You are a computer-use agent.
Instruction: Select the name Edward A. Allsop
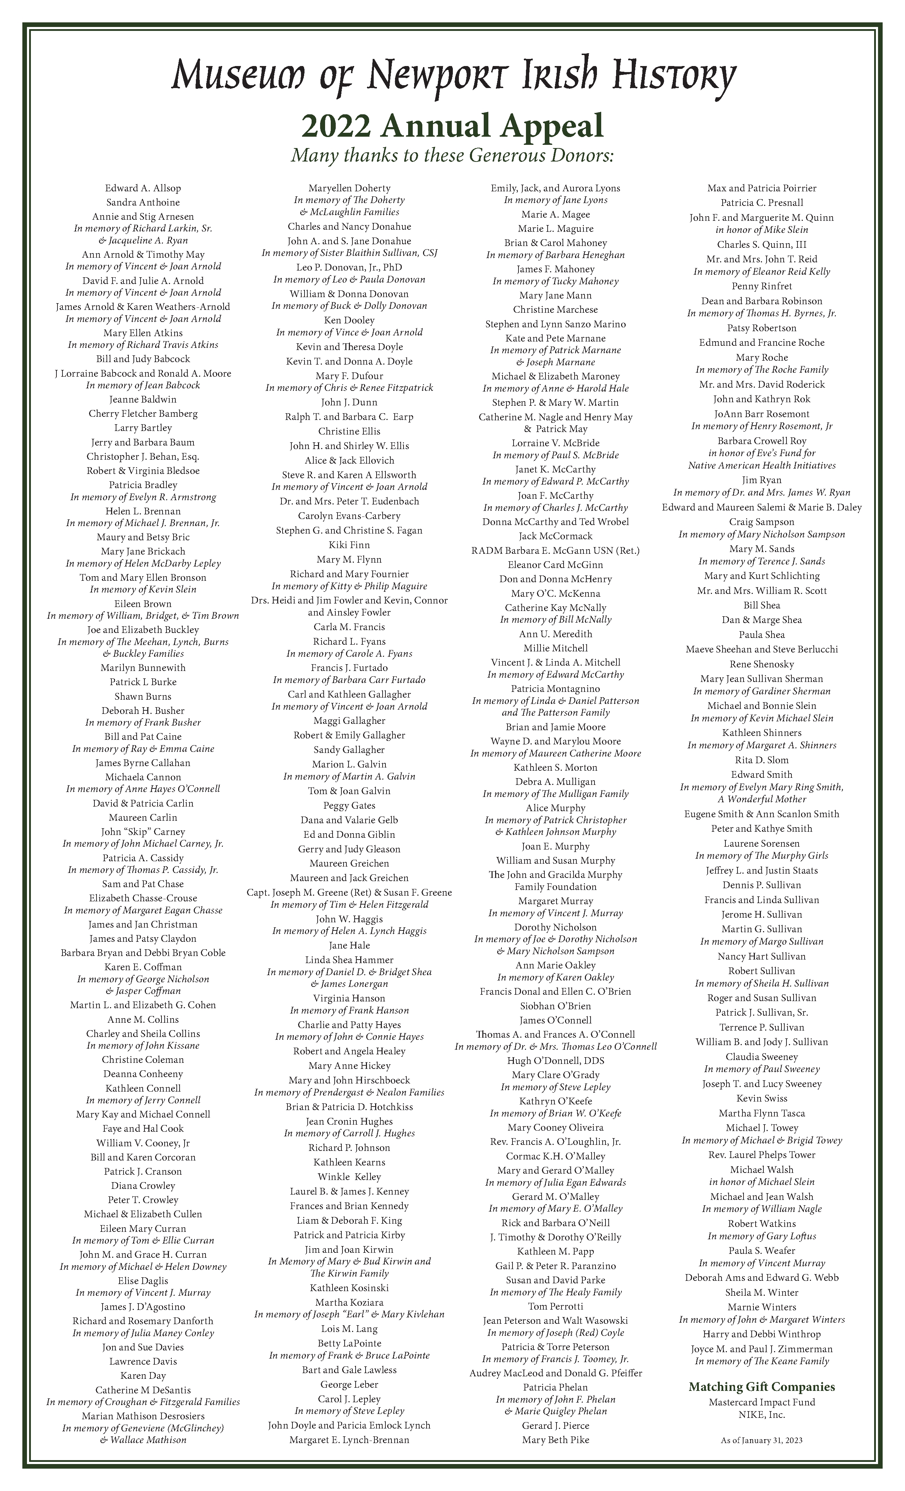pos(143,188)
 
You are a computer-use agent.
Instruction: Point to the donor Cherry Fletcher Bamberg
pos(143,414)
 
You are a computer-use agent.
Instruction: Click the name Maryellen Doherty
pos(349,188)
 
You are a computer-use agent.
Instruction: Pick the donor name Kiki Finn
pos(349,545)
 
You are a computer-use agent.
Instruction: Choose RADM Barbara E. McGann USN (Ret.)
pos(555,550)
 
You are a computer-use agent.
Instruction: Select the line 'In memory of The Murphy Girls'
pos(762,856)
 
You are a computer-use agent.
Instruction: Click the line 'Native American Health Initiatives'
pos(762,465)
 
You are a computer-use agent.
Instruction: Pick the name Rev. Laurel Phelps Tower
pos(762,1154)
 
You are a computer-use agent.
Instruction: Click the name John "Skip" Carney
pos(143,831)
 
